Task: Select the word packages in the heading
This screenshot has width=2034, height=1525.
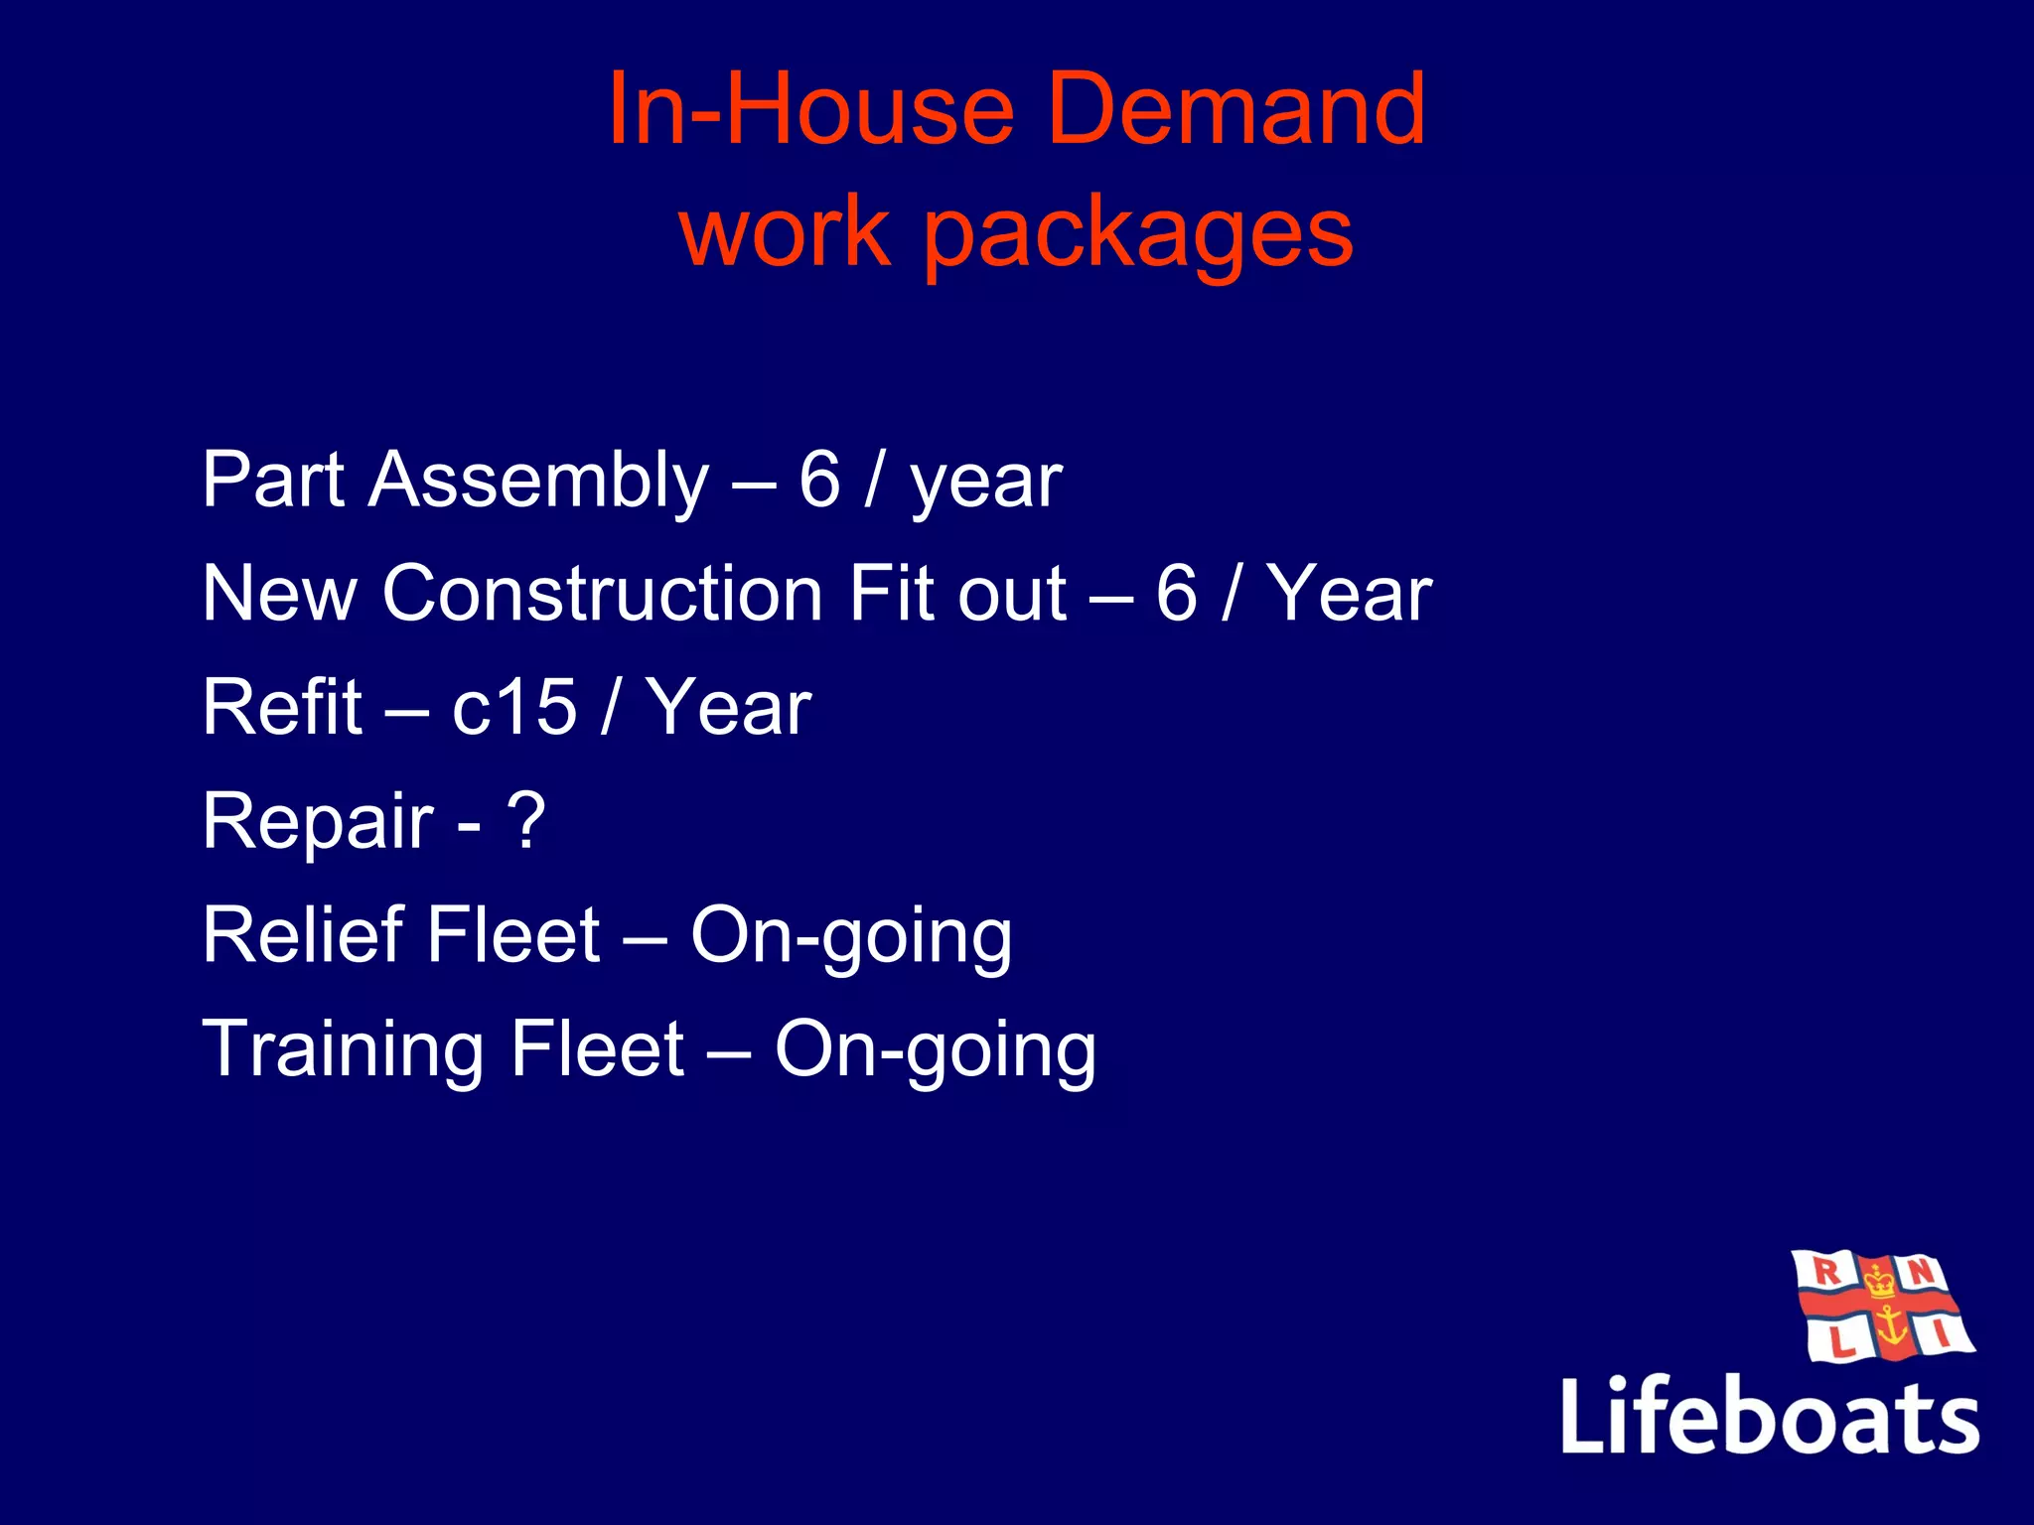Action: (x=1138, y=236)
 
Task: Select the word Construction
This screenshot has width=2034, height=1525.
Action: (x=603, y=594)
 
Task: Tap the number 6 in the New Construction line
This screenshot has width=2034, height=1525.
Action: (x=1177, y=594)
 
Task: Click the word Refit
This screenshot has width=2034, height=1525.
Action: (x=282, y=707)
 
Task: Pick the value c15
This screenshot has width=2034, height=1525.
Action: (x=513, y=707)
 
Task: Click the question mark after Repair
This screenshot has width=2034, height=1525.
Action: (x=525, y=820)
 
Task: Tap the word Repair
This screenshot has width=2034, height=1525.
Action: (x=318, y=822)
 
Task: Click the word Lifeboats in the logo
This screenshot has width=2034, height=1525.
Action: (x=1770, y=1416)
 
